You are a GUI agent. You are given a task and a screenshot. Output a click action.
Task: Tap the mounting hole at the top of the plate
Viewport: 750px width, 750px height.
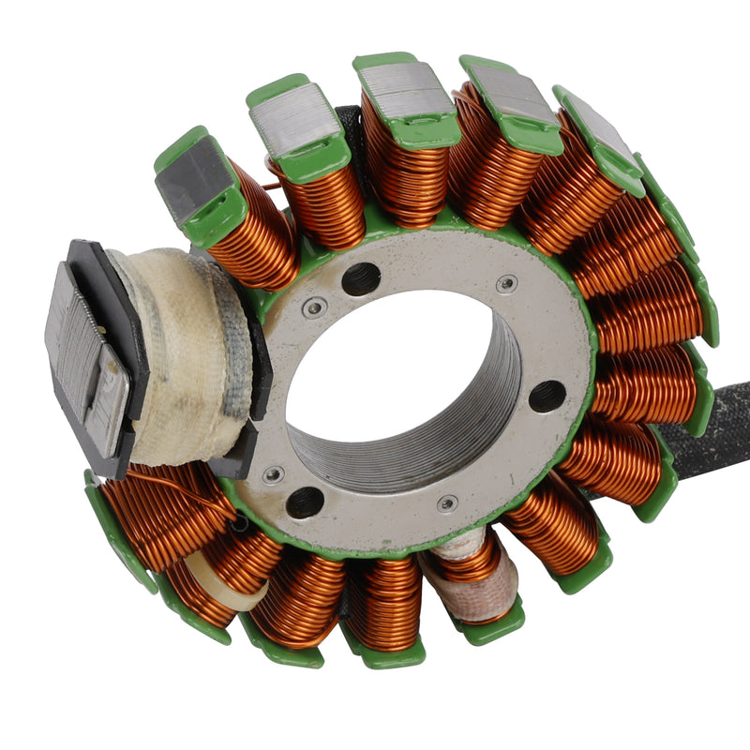(361, 278)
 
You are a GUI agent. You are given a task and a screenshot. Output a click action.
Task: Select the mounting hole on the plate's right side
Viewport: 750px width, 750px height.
(547, 396)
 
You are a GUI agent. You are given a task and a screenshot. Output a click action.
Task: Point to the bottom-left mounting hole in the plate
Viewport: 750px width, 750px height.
(305, 502)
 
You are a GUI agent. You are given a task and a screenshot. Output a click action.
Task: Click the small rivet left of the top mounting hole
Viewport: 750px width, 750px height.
(315, 307)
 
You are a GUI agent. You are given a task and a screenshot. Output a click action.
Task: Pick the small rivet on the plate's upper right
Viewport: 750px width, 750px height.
(506, 284)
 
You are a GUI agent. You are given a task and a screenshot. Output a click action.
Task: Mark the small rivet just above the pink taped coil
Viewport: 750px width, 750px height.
(447, 503)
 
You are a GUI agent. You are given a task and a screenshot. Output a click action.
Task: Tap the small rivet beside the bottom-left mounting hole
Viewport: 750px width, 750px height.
(273, 475)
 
